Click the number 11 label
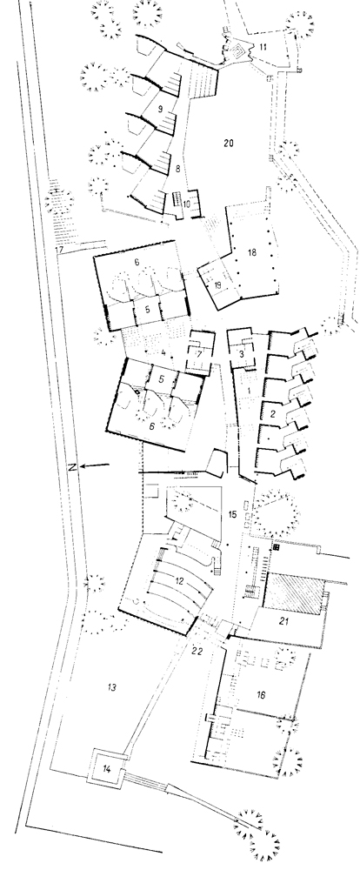[x=263, y=48]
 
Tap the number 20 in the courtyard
[x=228, y=144]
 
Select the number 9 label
[x=160, y=110]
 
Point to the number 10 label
[x=186, y=204]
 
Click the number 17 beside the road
[x=59, y=251]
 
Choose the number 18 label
[x=252, y=253]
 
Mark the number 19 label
[x=217, y=285]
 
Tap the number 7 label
[x=199, y=353]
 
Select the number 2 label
[x=272, y=413]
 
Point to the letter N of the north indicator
[x=72, y=466]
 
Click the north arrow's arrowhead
[x=83, y=466]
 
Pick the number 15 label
[x=232, y=514]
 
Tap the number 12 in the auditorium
[x=179, y=581]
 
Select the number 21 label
[x=284, y=621]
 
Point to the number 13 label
[x=111, y=688]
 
